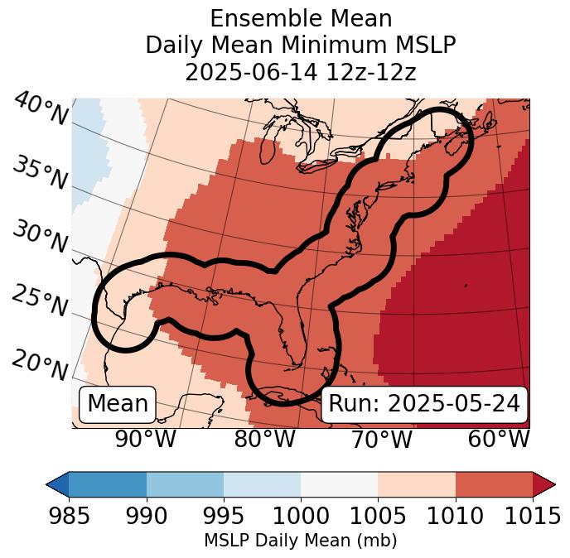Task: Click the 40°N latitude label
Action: (41, 110)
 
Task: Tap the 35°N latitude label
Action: (41, 173)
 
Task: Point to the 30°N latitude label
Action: (41, 238)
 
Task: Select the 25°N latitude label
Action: (41, 301)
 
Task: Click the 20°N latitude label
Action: (41, 365)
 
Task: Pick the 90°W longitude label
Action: (145, 439)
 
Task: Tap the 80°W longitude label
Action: (263, 439)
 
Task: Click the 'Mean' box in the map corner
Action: (118, 404)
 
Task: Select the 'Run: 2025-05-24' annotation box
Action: (424, 404)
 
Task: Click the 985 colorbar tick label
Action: (69, 516)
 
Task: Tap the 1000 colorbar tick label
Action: (301, 516)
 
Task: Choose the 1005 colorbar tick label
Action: (378, 516)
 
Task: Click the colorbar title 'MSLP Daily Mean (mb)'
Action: (300, 541)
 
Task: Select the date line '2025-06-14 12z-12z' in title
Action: (301, 72)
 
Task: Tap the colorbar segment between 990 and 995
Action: (185, 484)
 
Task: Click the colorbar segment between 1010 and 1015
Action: (494, 484)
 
